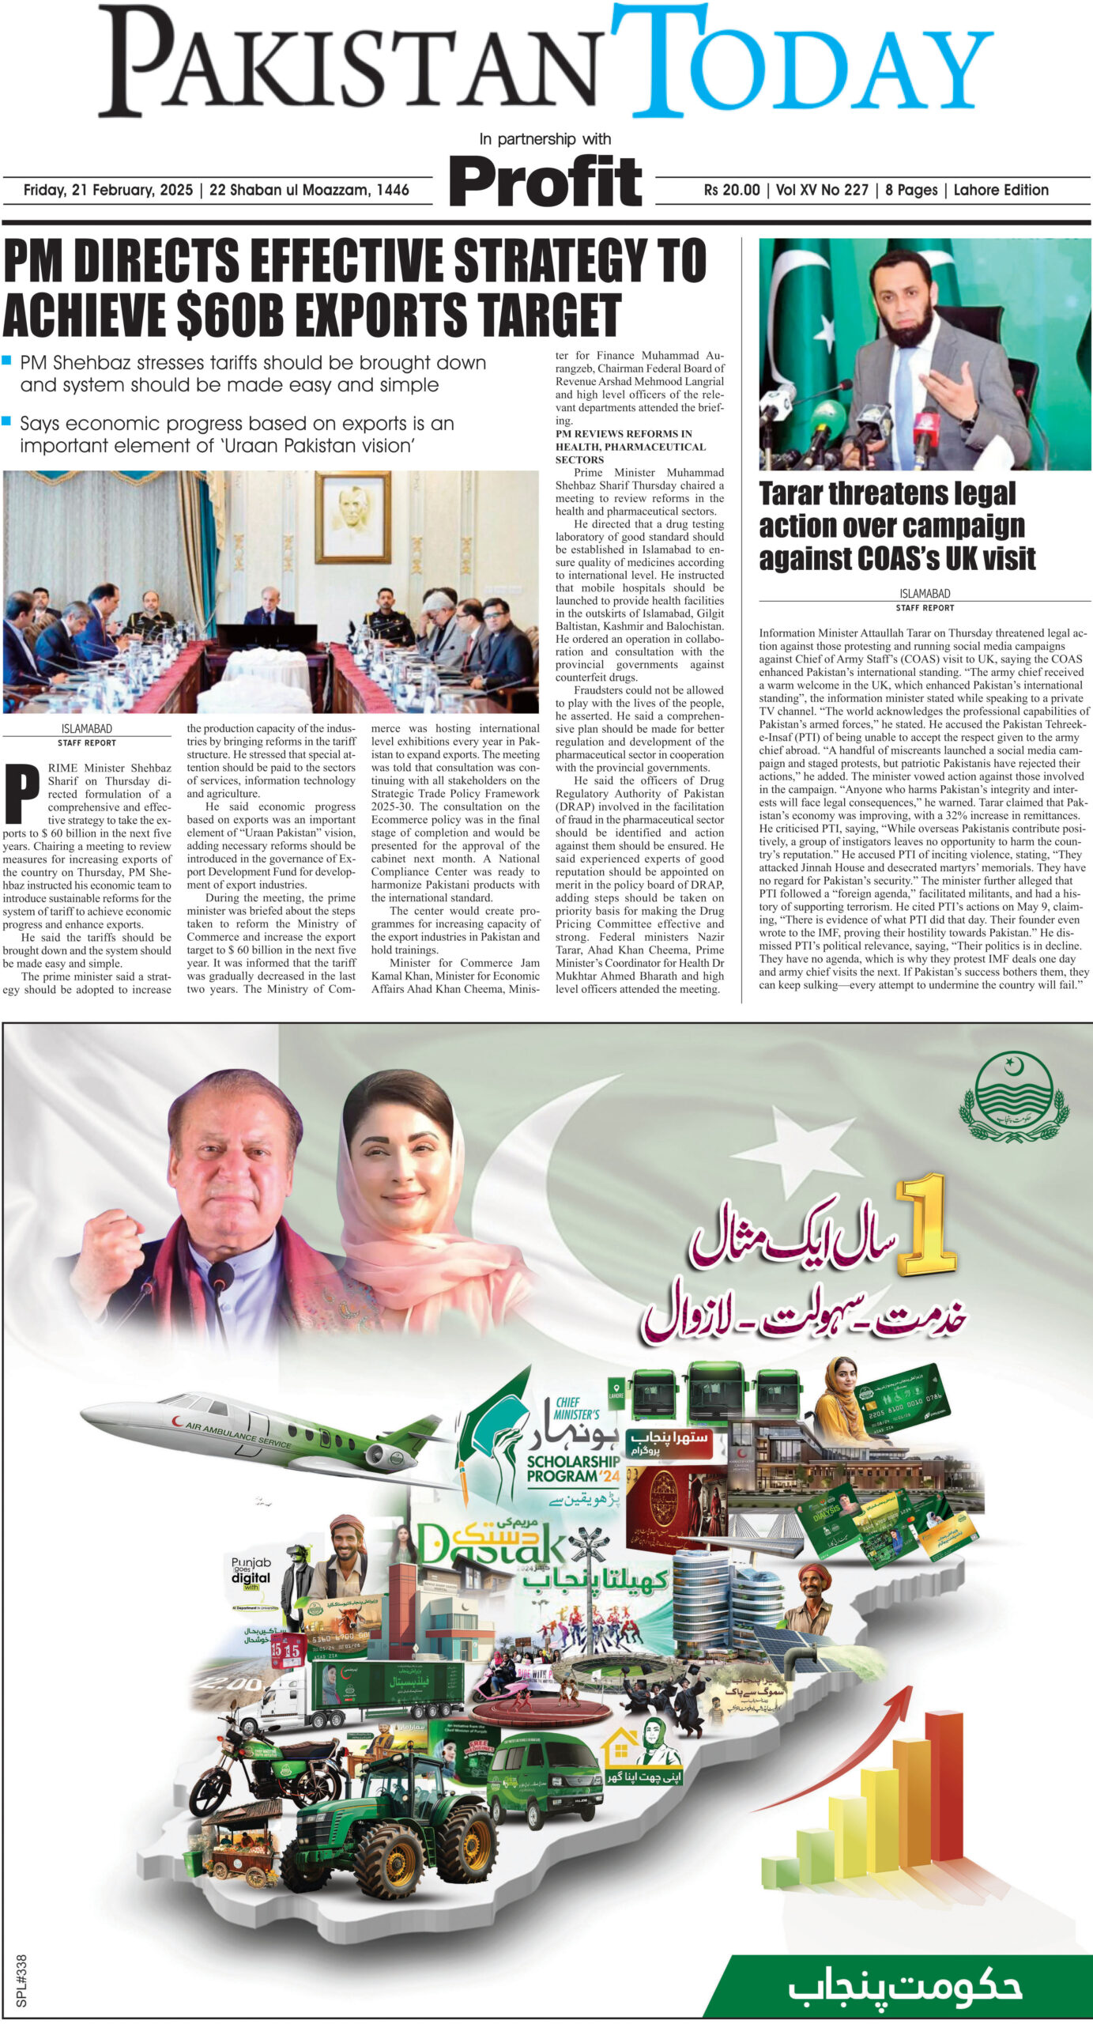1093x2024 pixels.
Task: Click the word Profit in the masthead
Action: point(545,181)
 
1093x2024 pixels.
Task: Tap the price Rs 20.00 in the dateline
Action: point(731,191)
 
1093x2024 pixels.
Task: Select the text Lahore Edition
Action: point(1001,191)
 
